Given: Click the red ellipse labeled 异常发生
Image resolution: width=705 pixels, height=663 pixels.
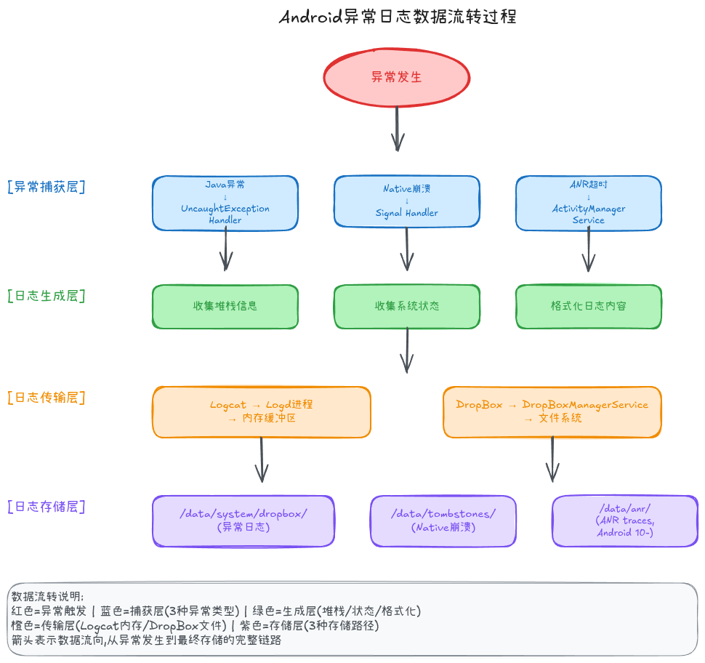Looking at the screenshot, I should point(397,76).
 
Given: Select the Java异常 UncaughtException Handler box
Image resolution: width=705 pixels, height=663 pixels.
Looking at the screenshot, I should point(225,203).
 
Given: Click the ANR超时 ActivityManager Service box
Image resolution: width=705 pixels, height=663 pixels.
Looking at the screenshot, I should point(589,203).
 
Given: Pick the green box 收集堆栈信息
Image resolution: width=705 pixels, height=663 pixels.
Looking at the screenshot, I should point(225,306).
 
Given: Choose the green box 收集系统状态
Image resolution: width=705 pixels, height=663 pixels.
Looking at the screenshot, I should point(407,306).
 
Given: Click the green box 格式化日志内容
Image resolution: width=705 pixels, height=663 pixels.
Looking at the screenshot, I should point(589,306).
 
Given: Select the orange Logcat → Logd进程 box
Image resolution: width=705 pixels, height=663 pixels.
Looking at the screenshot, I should point(262,411).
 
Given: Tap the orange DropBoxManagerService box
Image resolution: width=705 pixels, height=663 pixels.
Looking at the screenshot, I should point(552,411).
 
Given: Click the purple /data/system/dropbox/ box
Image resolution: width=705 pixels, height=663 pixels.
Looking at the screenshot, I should point(243,521).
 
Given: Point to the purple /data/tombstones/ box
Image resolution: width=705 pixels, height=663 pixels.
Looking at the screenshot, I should point(443,521).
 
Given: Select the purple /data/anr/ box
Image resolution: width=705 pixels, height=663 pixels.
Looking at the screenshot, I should point(625,521).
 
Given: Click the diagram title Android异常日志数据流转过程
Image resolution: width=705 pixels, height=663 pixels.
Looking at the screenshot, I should point(398,17).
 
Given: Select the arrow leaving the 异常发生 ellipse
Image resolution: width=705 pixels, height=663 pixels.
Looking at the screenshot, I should point(398,129).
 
